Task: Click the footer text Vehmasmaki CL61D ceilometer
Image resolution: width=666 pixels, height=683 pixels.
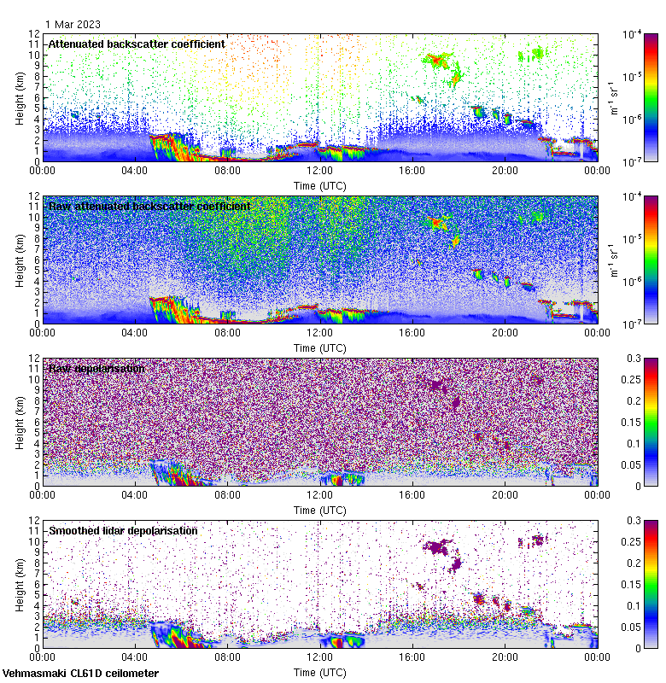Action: click(x=80, y=674)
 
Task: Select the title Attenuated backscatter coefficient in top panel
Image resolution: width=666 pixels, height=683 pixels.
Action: click(x=137, y=44)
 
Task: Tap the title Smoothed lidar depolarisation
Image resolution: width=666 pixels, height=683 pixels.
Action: click(x=123, y=530)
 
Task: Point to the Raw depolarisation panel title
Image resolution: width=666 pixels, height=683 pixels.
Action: click(x=96, y=368)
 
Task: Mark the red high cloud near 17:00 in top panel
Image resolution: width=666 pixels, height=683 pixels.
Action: click(x=437, y=60)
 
